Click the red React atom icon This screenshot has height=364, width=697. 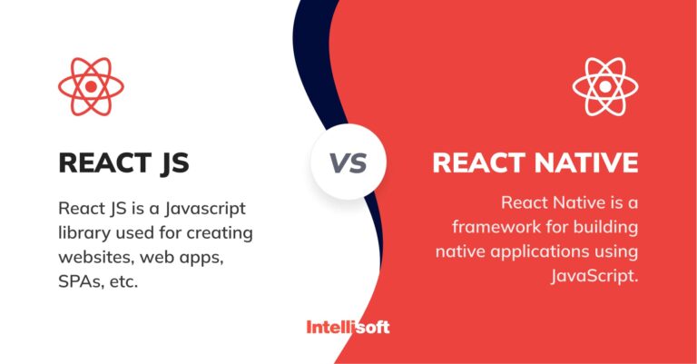coord(91,86)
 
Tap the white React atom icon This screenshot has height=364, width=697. coord(605,86)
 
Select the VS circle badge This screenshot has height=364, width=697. coord(348,163)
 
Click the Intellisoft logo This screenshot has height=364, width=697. coord(348,326)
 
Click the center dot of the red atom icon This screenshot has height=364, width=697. coord(91,86)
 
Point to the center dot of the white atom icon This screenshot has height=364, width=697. coord(605,86)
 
